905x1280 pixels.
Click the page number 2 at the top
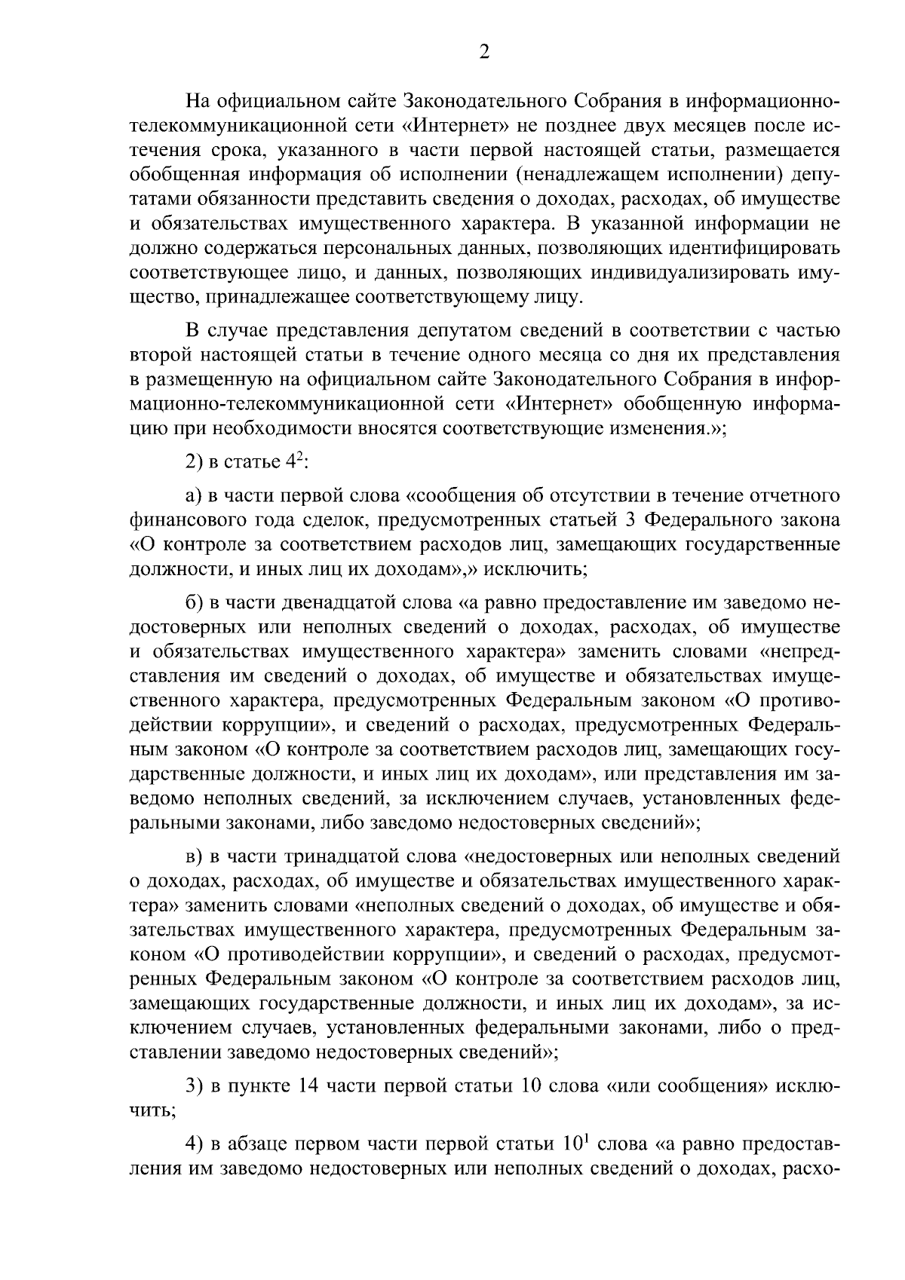tap(485, 52)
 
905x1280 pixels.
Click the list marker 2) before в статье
tap(196, 461)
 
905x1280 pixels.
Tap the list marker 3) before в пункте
tap(196, 1086)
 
